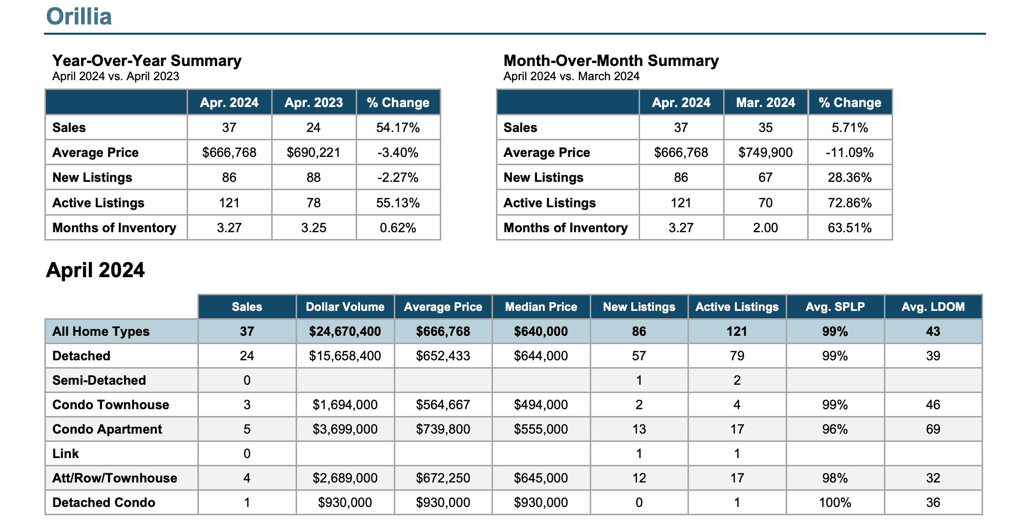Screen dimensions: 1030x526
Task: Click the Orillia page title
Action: coord(79,16)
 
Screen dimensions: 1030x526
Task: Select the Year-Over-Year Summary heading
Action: coord(147,61)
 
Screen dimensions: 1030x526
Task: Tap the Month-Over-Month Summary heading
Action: coord(611,61)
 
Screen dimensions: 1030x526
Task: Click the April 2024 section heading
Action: coord(95,270)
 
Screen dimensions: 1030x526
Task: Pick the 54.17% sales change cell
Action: coord(398,128)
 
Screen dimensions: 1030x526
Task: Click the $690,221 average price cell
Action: coord(313,153)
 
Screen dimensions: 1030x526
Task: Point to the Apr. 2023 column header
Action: coord(314,103)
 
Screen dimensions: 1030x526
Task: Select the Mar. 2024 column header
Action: coord(766,103)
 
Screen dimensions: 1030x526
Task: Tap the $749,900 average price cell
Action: coord(766,153)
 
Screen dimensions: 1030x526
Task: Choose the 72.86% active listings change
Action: coord(850,203)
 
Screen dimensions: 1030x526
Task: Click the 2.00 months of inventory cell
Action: coord(766,228)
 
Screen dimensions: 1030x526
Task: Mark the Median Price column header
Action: coord(541,307)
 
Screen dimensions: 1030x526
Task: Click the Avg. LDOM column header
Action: coord(933,307)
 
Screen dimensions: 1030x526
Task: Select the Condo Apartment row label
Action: coord(107,429)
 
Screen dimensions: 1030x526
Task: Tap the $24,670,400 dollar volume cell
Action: coord(345,331)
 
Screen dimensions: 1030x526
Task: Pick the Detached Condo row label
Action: coord(104,503)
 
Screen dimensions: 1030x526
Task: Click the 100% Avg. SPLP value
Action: coord(835,503)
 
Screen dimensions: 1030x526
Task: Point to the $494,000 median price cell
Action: coord(541,405)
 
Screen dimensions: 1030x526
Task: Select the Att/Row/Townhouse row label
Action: coord(115,478)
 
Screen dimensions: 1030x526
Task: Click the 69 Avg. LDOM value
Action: coord(933,429)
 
